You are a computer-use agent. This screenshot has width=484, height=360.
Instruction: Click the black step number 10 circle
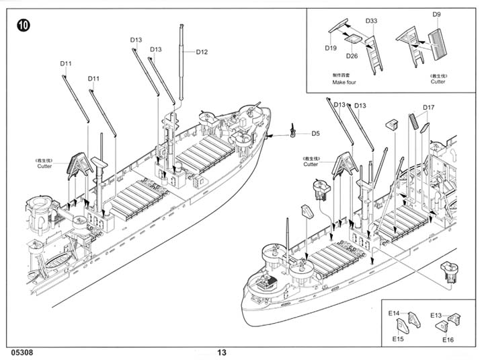click(x=24, y=26)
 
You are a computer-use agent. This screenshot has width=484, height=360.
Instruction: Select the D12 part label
click(x=202, y=52)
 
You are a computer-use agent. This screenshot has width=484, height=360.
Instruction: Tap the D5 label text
click(x=315, y=133)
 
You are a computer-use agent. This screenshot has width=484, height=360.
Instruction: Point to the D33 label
click(x=371, y=21)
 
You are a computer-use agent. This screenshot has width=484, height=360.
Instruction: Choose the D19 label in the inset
click(x=330, y=48)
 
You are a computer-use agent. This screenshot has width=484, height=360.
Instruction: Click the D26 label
click(x=352, y=56)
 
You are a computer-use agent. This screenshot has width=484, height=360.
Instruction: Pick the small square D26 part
click(x=351, y=39)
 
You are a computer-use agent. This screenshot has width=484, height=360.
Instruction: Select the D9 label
click(x=436, y=14)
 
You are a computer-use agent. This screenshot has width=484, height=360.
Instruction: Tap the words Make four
click(x=344, y=82)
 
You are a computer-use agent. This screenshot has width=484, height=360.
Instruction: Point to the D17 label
click(x=429, y=107)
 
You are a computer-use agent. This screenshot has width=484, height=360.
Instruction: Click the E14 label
click(x=394, y=314)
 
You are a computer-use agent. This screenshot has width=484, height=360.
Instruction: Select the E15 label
click(x=398, y=339)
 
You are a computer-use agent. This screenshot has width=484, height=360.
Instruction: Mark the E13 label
click(x=436, y=315)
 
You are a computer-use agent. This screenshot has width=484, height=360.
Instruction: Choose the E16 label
click(x=448, y=340)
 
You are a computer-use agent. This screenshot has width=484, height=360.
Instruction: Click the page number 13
click(x=223, y=352)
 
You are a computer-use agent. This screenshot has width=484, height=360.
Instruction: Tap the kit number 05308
click(x=22, y=352)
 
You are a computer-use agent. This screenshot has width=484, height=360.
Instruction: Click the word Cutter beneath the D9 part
click(x=438, y=82)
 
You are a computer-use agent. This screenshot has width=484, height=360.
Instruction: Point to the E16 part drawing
click(x=443, y=326)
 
